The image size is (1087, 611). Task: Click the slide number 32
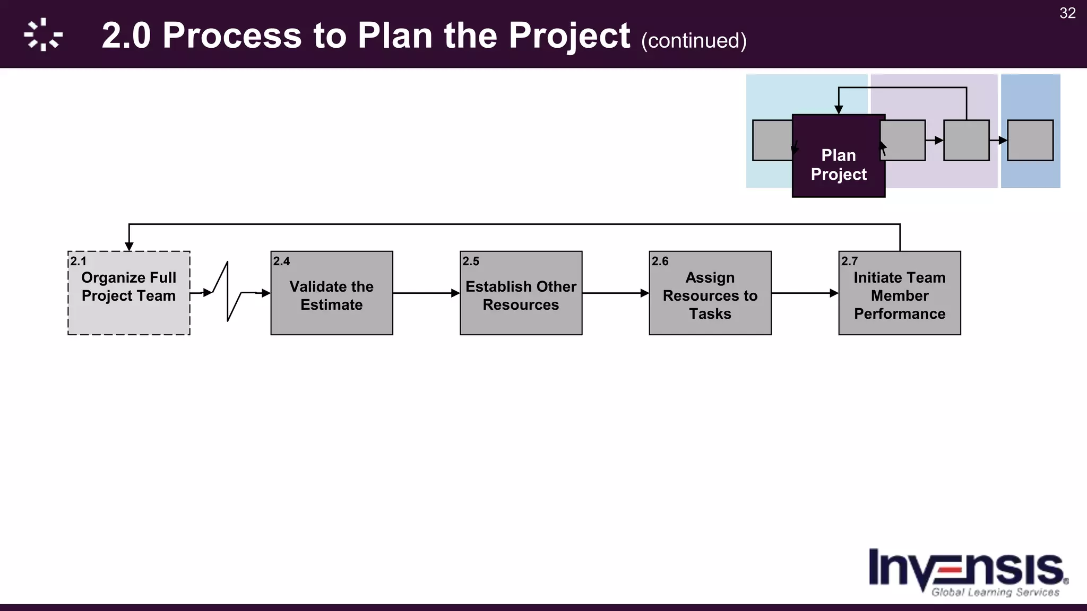(1067, 13)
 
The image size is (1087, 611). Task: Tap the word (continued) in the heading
(694, 41)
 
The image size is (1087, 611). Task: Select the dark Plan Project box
(839, 165)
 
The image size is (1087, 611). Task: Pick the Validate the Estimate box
(332, 295)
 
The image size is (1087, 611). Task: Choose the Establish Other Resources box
(521, 295)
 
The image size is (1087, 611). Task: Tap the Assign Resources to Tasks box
(710, 295)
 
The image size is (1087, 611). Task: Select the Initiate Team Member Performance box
(899, 295)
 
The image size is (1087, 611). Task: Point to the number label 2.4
(281, 261)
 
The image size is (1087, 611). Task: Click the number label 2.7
(849, 261)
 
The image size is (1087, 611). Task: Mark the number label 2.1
(78, 261)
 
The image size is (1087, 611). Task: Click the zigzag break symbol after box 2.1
(228, 292)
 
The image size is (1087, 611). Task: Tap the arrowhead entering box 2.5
(455, 293)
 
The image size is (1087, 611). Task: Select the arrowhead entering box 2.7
(834, 293)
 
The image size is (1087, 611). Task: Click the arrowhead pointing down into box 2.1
(129, 247)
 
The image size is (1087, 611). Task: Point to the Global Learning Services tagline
(995, 592)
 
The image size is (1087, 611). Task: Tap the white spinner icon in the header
(43, 34)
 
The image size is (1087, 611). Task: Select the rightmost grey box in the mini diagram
(1030, 140)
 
